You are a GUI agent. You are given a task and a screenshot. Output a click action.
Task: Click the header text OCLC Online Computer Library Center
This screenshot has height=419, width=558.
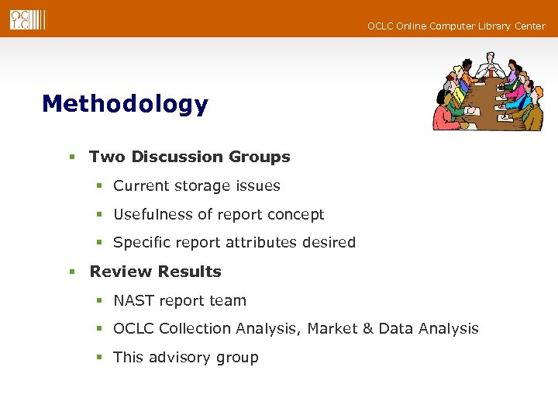456,26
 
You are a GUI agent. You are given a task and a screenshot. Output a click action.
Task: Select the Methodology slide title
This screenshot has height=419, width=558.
125,104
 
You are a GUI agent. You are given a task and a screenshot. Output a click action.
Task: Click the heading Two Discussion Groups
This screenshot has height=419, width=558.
189,157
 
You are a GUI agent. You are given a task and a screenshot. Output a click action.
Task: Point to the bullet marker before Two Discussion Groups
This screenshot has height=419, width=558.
71,158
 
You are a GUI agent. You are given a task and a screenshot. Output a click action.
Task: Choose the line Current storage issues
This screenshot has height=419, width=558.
196,186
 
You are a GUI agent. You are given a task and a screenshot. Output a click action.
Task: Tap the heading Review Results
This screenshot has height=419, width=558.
155,272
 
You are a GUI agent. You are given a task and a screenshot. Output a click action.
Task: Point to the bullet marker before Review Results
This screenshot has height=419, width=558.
71,272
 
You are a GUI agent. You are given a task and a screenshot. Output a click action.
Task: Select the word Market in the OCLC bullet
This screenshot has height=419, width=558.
332,329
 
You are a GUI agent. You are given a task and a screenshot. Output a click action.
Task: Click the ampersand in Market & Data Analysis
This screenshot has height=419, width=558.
367,329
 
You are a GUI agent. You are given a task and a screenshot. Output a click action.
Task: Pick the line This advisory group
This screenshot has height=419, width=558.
185,358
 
